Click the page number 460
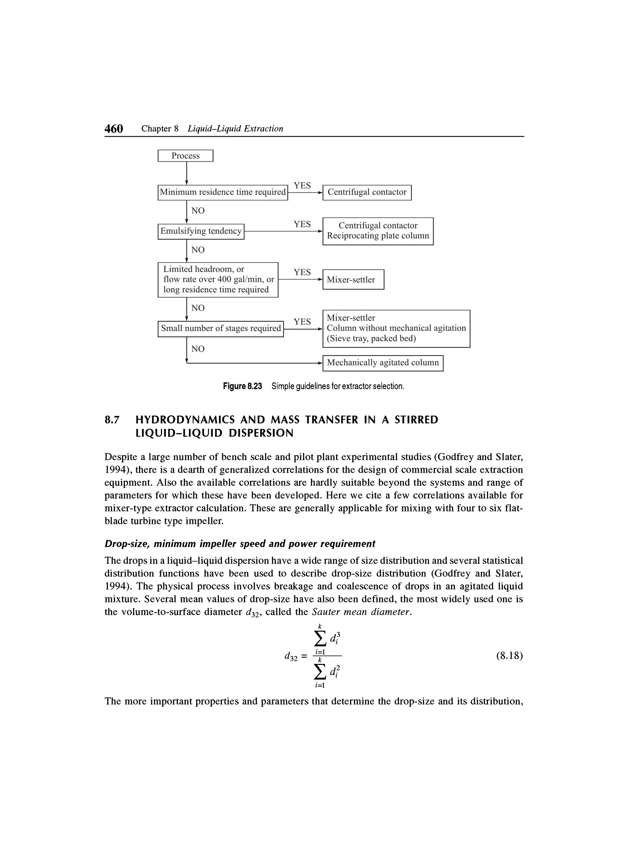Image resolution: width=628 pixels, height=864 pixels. coord(114,129)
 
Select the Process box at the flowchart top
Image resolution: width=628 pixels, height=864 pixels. coord(186,156)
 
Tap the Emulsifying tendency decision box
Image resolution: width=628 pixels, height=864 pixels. coord(201,231)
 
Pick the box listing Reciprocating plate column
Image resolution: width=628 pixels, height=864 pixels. coord(378,231)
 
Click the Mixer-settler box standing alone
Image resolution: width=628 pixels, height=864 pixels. coord(353,280)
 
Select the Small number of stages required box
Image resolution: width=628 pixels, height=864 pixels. coord(220,328)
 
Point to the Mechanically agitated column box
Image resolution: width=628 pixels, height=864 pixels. coord(383,363)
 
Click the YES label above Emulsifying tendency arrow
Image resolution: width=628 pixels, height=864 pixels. coord(302,225)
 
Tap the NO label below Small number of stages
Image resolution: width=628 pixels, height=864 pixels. coord(198,349)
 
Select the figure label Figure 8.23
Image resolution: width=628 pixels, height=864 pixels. coord(243,386)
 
